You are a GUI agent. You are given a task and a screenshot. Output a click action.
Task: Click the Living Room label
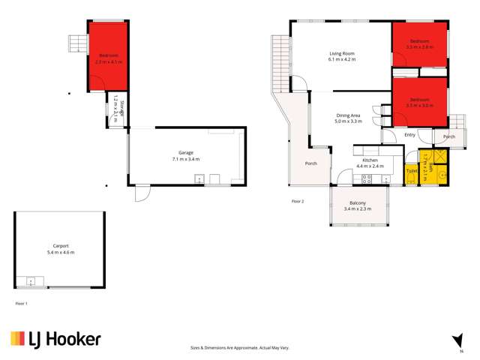341,53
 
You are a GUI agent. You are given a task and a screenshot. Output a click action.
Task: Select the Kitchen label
369,160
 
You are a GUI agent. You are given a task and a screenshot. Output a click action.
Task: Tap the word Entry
409,135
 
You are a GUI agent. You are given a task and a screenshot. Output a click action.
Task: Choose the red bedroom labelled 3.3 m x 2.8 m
419,43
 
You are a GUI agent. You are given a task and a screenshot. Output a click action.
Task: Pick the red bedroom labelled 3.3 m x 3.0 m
419,103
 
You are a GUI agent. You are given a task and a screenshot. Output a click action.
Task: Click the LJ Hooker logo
55,340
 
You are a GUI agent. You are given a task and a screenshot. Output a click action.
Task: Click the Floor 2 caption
298,202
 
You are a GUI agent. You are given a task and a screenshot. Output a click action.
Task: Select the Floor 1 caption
21,303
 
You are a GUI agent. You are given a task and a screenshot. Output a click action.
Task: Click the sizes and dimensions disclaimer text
240,348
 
